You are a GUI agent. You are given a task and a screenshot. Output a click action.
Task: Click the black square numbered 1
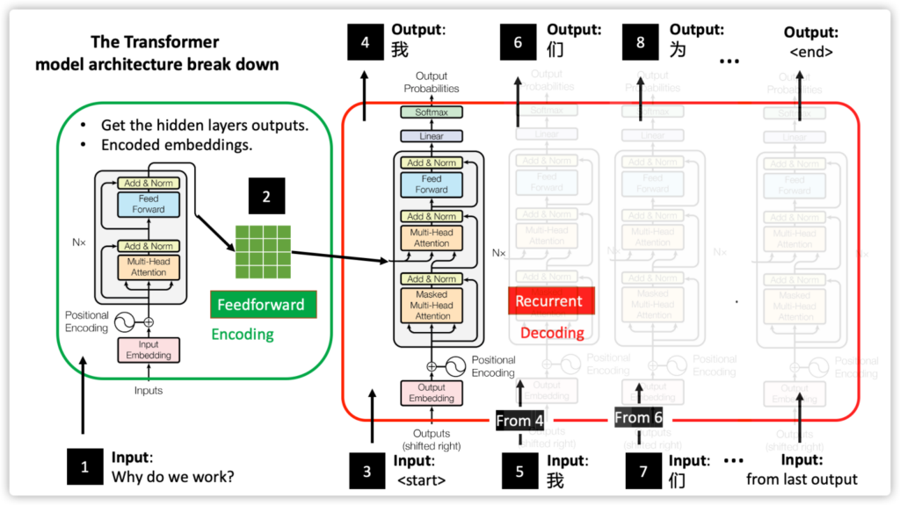click(85, 466)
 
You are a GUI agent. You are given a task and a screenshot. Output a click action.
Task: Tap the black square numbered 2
click(266, 197)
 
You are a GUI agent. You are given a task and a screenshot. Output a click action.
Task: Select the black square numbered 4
click(365, 41)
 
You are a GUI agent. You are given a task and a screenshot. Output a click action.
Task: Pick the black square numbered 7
click(643, 471)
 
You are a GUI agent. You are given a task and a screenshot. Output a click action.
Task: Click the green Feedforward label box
click(263, 305)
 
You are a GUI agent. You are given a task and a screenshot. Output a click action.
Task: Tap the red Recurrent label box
click(549, 300)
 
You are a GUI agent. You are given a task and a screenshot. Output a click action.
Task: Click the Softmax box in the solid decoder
click(431, 112)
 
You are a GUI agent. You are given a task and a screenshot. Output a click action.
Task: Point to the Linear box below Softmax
click(431, 136)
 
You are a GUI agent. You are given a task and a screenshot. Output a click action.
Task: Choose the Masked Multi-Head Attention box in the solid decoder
click(432, 305)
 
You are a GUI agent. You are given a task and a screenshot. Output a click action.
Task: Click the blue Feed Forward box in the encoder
click(149, 204)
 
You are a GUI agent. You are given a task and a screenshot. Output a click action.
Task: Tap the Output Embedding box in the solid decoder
click(431, 393)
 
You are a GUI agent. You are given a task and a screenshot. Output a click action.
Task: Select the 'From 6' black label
click(638, 418)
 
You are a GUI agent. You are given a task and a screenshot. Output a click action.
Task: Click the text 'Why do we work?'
click(172, 478)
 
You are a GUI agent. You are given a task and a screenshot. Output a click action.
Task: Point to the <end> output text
click(811, 52)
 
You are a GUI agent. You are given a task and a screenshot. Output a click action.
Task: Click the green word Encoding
click(242, 334)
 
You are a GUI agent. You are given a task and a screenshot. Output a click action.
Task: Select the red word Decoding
click(552, 332)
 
